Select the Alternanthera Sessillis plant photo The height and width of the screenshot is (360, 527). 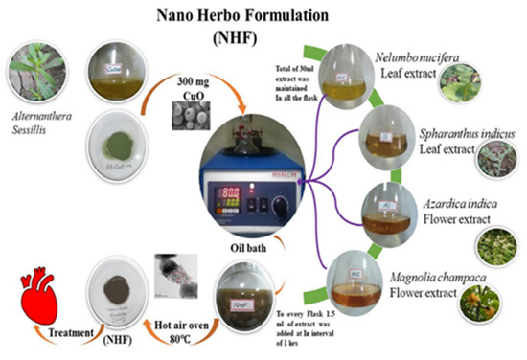[x=36, y=72]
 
